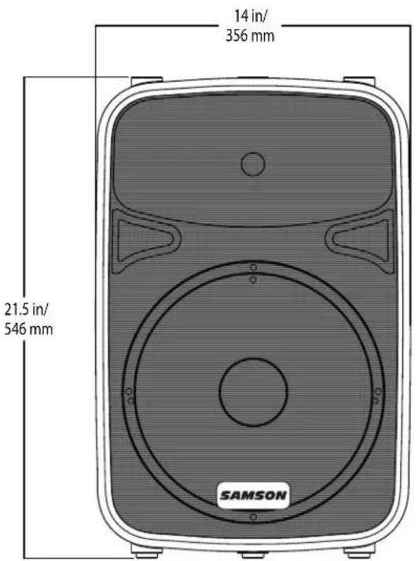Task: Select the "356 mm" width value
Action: coord(252,36)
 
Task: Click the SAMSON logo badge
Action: coord(252,496)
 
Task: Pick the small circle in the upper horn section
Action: coord(252,164)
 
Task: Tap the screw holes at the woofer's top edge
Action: coord(252,273)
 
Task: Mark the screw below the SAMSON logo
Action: coord(252,518)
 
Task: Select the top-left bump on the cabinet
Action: coord(146,82)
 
